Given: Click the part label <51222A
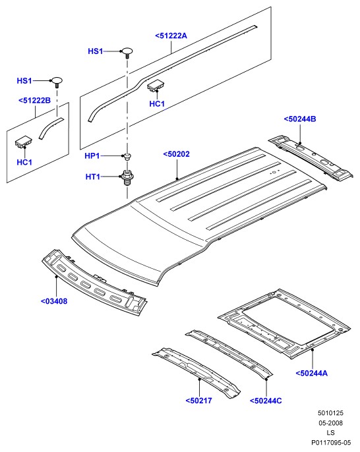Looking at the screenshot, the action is [x=171, y=36].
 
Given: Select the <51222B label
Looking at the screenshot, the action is [x=34, y=100].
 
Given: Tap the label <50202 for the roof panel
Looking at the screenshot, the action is [x=177, y=154].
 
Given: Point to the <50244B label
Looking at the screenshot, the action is [x=300, y=119].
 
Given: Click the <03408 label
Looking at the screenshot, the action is [x=54, y=301].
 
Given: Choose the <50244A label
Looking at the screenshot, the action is [x=312, y=374].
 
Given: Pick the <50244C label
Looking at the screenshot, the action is [x=266, y=401].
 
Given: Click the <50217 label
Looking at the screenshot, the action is [x=198, y=401].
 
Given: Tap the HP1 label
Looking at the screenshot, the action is [x=92, y=156].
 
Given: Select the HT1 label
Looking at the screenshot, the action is [x=92, y=177].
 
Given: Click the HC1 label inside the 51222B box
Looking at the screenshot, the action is [x=24, y=162].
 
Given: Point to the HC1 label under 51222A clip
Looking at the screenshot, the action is [x=157, y=104].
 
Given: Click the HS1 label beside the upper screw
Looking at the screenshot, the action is [x=95, y=51].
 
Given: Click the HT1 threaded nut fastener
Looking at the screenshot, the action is [x=127, y=178].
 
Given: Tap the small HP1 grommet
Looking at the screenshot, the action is [x=127, y=157].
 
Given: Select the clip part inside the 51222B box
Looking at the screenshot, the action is [x=23, y=142].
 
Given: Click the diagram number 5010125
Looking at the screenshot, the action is [x=330, y=412].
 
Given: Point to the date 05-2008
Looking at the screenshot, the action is [x=330, y=423].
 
